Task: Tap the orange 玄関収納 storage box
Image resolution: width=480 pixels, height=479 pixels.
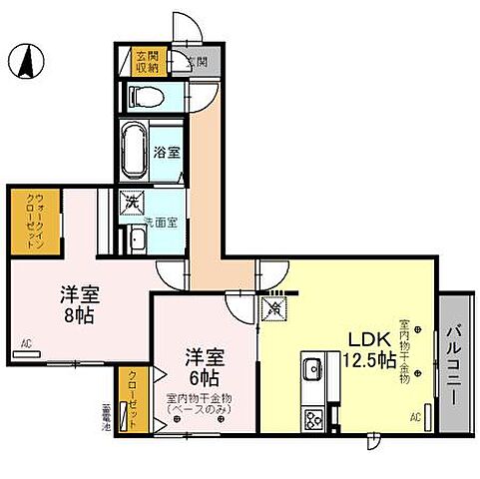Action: click(148, 62)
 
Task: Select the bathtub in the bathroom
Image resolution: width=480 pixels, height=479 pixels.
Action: click(134, 151)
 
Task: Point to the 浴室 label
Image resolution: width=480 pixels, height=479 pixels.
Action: click(167, 153)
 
